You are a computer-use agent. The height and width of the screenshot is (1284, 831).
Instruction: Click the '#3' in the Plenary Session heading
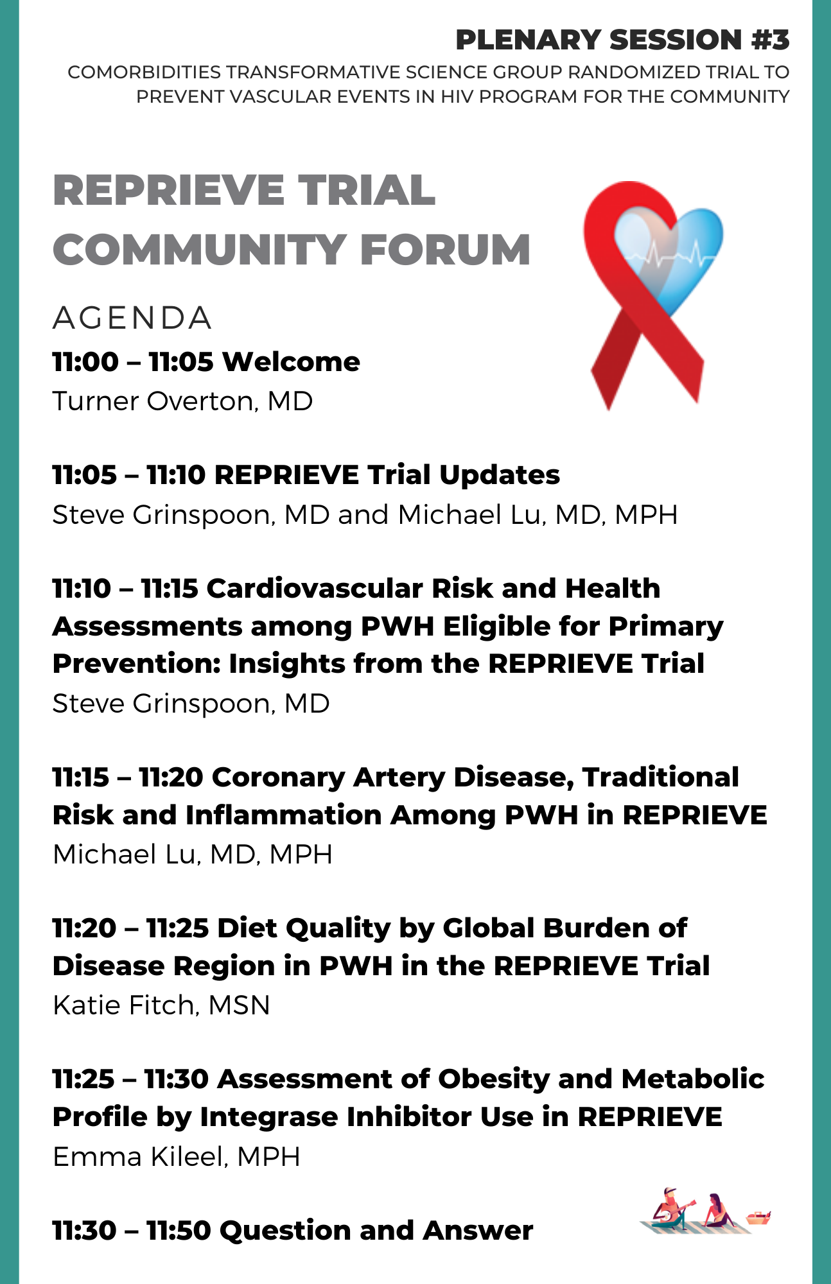771,40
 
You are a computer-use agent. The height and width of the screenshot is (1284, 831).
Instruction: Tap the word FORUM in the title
445,249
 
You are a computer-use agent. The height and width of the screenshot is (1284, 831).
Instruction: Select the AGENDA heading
132,318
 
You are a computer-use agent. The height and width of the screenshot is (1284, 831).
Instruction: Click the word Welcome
291,362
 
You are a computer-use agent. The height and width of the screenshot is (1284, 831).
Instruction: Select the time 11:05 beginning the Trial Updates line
85,475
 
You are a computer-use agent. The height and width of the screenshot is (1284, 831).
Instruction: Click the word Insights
287,664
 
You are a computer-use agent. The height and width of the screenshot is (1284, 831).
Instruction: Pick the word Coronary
278,777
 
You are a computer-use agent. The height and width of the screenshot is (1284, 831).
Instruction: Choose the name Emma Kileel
138,1156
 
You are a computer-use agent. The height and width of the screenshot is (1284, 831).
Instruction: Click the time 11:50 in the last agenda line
179,1231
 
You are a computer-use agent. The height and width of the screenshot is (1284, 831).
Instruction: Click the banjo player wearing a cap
671,1207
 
